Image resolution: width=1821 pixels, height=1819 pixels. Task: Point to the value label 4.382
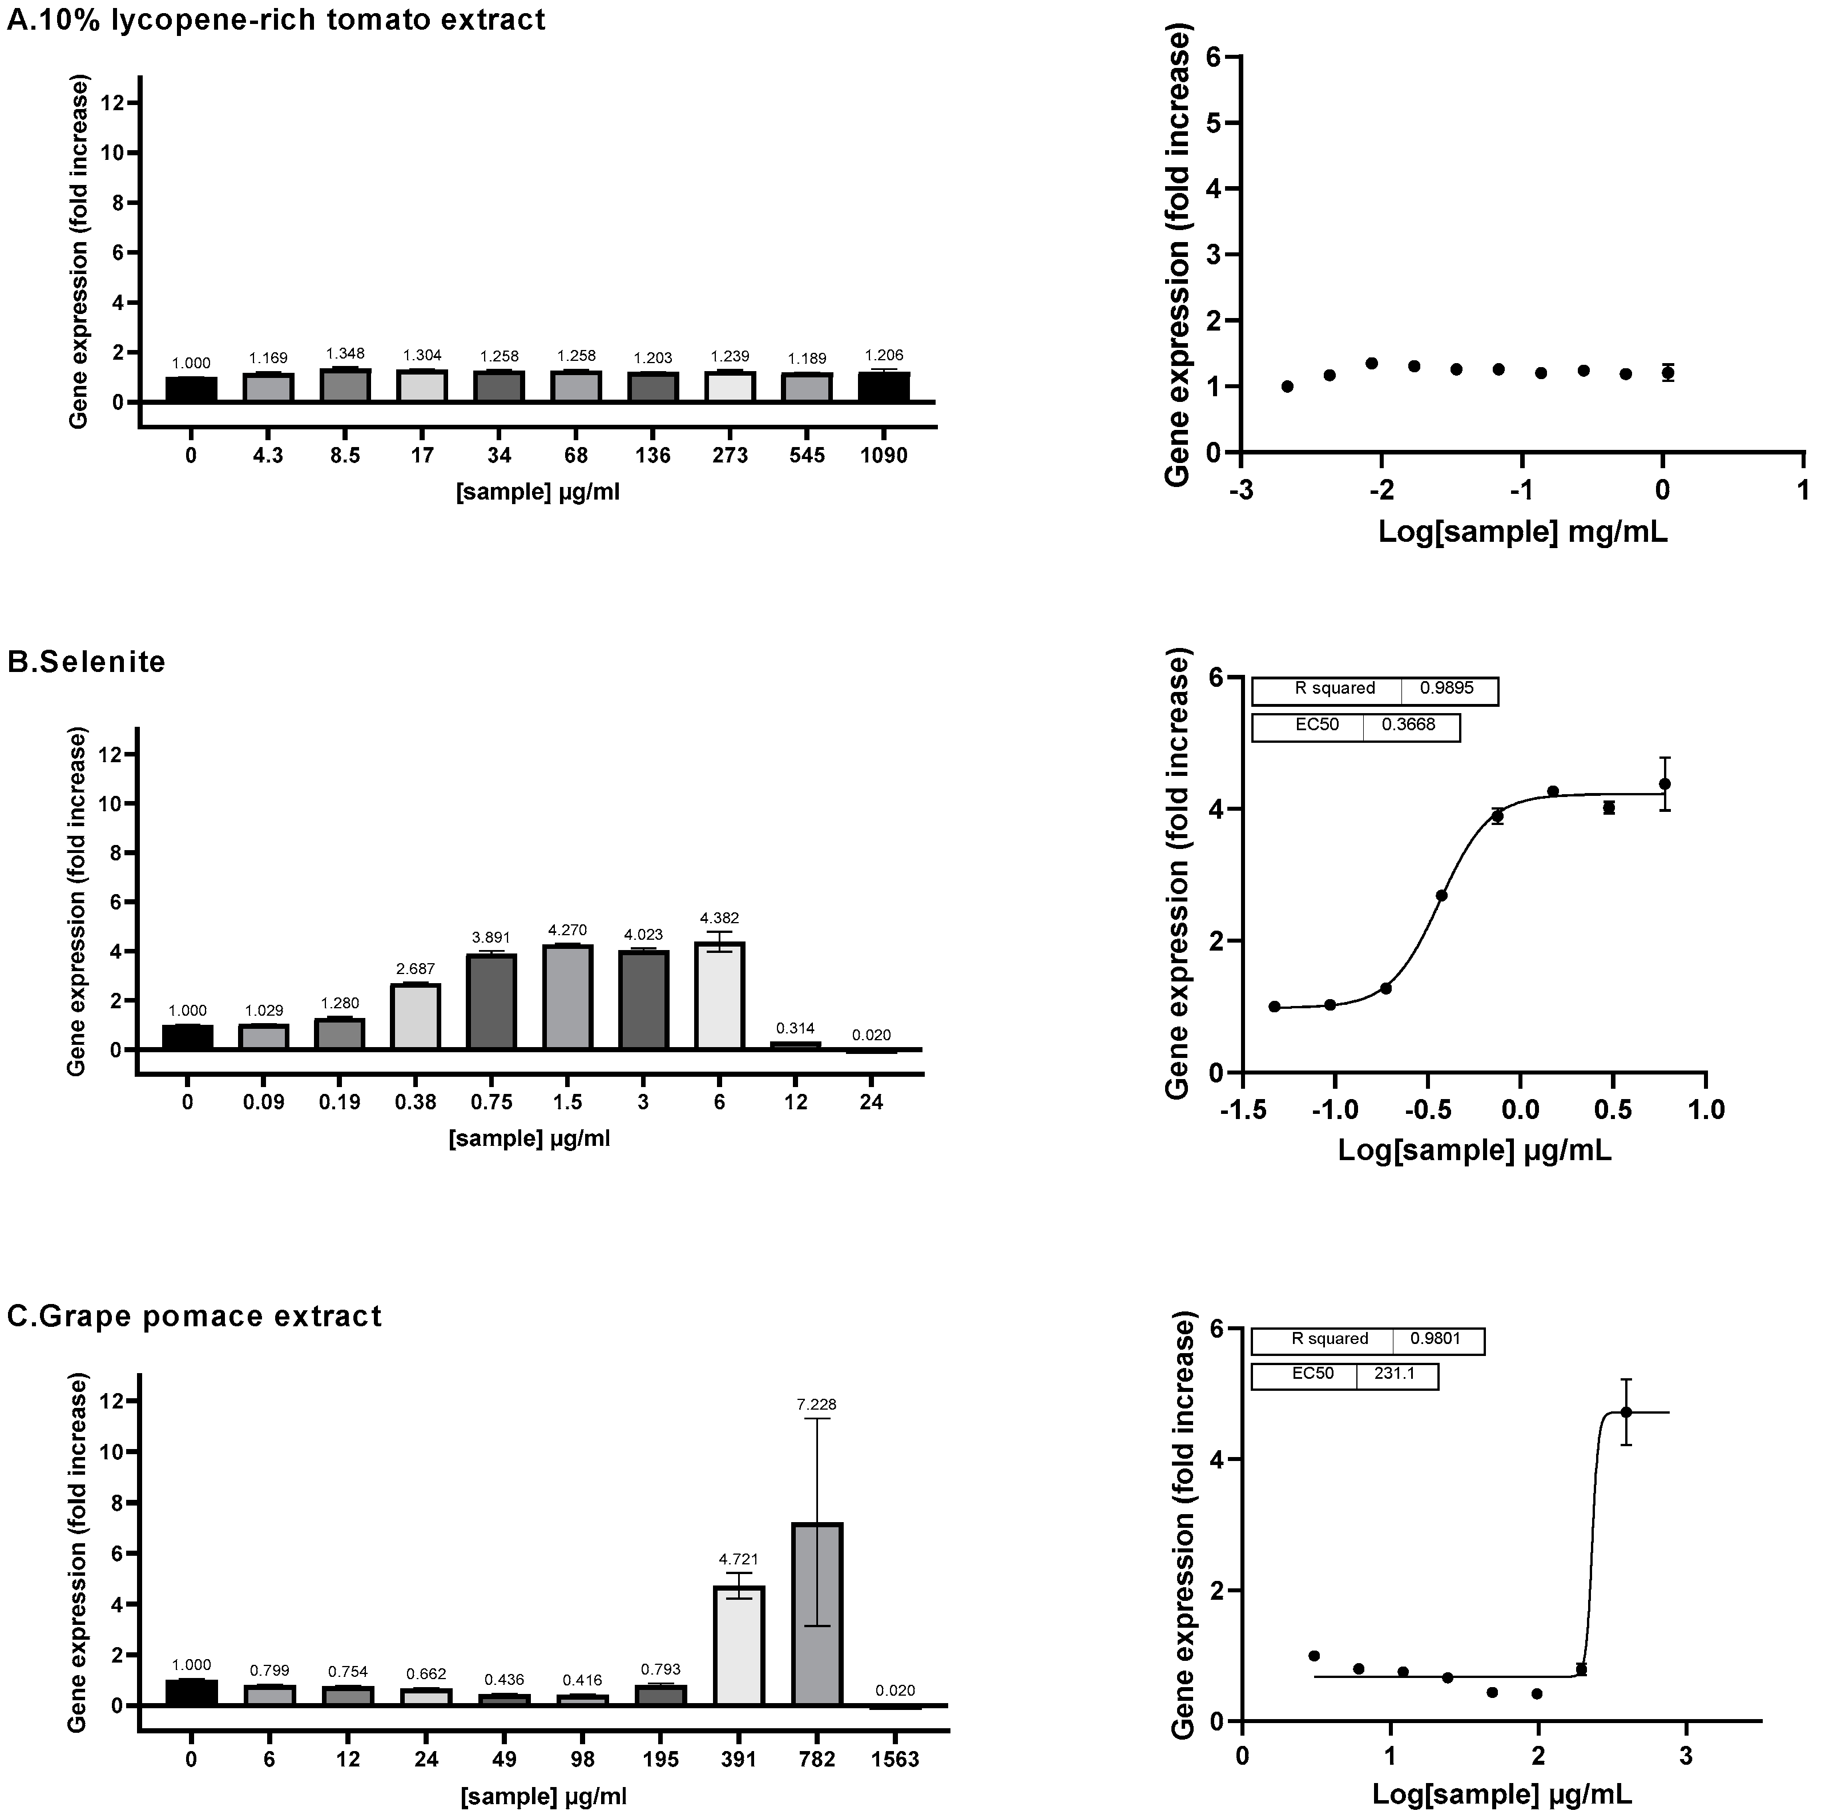[x=720, y=918]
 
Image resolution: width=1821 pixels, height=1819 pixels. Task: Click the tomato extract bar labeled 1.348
[x=345, y=385]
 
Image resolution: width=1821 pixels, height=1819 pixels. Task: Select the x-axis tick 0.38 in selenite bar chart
[x=416, y=1102]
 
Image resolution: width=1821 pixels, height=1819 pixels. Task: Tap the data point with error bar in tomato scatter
[x=1667, y=372]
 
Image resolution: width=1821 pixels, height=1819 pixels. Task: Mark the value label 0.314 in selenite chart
[x=796, y=1028]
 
